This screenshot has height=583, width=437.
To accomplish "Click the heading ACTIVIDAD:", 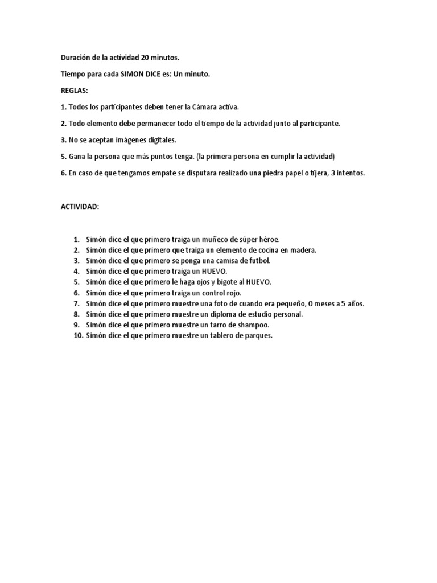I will coord(80,207).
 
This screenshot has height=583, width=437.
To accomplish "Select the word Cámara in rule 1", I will coord(204,107).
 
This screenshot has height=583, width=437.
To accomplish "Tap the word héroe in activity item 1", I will coord(266,239).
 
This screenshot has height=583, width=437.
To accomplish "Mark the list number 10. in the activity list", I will coord(78,336).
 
